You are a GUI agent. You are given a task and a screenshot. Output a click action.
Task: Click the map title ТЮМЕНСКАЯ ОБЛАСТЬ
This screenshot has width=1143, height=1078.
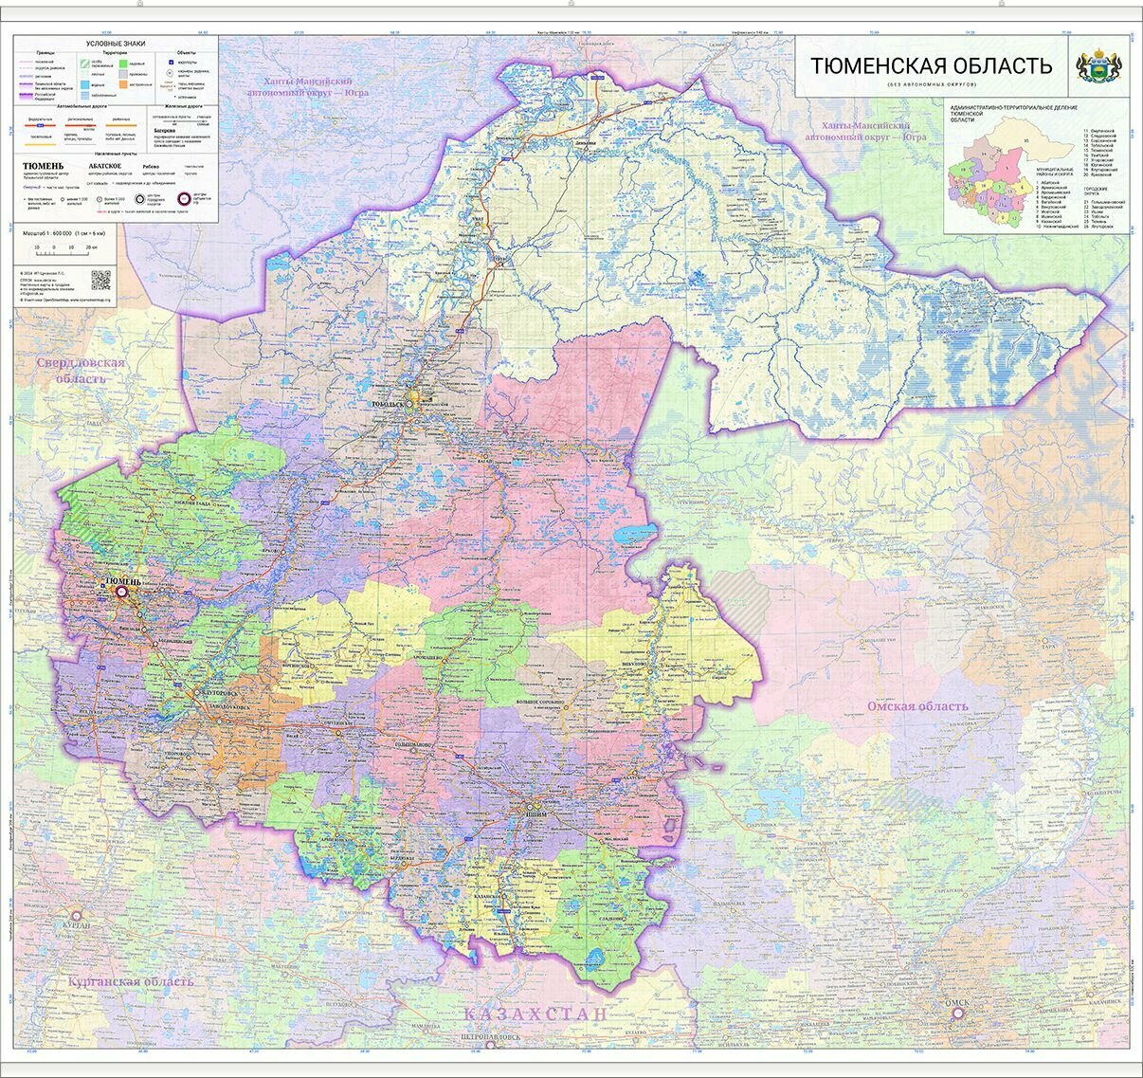point(930,65)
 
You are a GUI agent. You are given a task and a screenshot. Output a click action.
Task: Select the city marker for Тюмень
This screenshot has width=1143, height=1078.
point(122,592)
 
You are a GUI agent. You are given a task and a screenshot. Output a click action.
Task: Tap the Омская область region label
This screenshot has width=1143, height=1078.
point(917,706)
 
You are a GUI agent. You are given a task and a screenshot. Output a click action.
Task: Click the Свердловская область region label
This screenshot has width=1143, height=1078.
point(80,371)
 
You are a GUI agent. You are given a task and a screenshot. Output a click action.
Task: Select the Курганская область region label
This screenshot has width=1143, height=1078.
point(131,981)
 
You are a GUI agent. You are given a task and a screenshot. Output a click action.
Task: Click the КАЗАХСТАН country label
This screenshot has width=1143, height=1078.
point(535,1014)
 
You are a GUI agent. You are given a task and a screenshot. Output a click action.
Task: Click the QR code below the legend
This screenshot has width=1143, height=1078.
point(100,281)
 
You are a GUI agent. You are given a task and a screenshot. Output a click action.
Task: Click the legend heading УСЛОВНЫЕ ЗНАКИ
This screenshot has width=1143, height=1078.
point(116,44)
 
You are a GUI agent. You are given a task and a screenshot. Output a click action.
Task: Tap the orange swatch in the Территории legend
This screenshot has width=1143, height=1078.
point(123,84)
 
